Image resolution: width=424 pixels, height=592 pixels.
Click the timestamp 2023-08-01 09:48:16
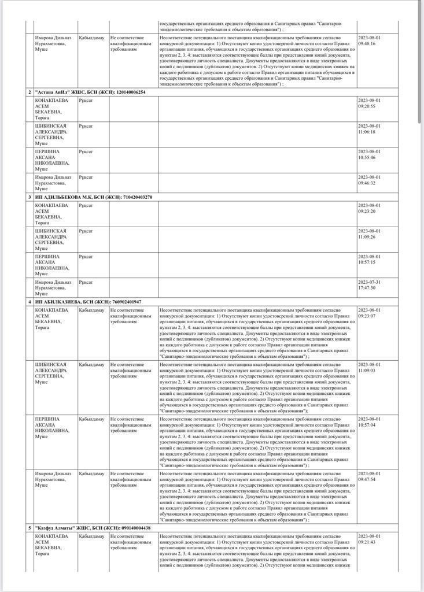coord(369,40)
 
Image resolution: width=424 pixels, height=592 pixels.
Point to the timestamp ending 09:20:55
coord(369,103)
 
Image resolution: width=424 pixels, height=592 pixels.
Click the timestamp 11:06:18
coord(369,129)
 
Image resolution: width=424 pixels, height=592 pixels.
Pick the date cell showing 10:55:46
coord(369,154)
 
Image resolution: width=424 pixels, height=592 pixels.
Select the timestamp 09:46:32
coord(369,180)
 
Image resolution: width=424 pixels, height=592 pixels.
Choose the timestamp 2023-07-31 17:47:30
coord(369,284)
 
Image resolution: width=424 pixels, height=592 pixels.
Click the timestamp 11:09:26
coord(369,234)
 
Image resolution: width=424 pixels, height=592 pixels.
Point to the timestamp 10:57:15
coord(369,259)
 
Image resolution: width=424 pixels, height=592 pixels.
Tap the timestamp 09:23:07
coord(369,313)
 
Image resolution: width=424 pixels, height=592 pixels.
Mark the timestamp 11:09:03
coord(369,367)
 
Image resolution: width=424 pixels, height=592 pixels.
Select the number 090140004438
coord(136,528)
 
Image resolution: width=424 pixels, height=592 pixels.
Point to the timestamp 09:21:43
coord(369,539)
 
